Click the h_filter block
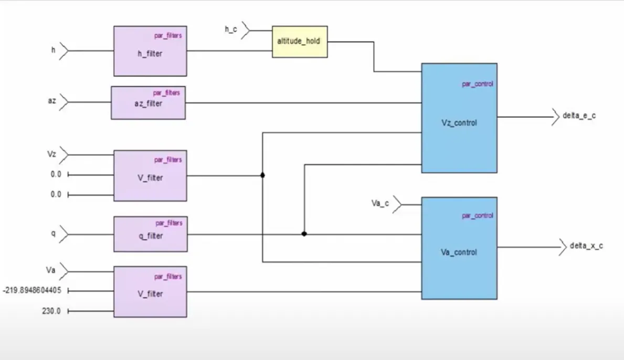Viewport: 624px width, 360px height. click(150, 51)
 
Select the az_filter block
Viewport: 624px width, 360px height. click(148, 103)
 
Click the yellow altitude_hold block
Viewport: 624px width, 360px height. click(300, 41)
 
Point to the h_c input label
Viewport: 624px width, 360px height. click(231, 30)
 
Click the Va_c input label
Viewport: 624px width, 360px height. click(380, 203)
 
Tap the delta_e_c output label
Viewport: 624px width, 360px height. click(579, 116)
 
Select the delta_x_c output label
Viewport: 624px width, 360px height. click(586, 246)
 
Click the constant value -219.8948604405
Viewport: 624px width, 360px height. click(31, 290)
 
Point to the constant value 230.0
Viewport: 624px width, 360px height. click(51, 311)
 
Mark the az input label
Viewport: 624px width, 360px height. click(52, 100)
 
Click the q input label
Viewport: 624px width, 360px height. click(53, 234)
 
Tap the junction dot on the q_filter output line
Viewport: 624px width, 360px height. click(304, 234)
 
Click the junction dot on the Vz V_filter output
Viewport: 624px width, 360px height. click(262, 175)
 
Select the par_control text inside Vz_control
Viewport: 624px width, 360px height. click(477, 84)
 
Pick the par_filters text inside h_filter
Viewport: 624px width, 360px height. click(168, 36)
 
